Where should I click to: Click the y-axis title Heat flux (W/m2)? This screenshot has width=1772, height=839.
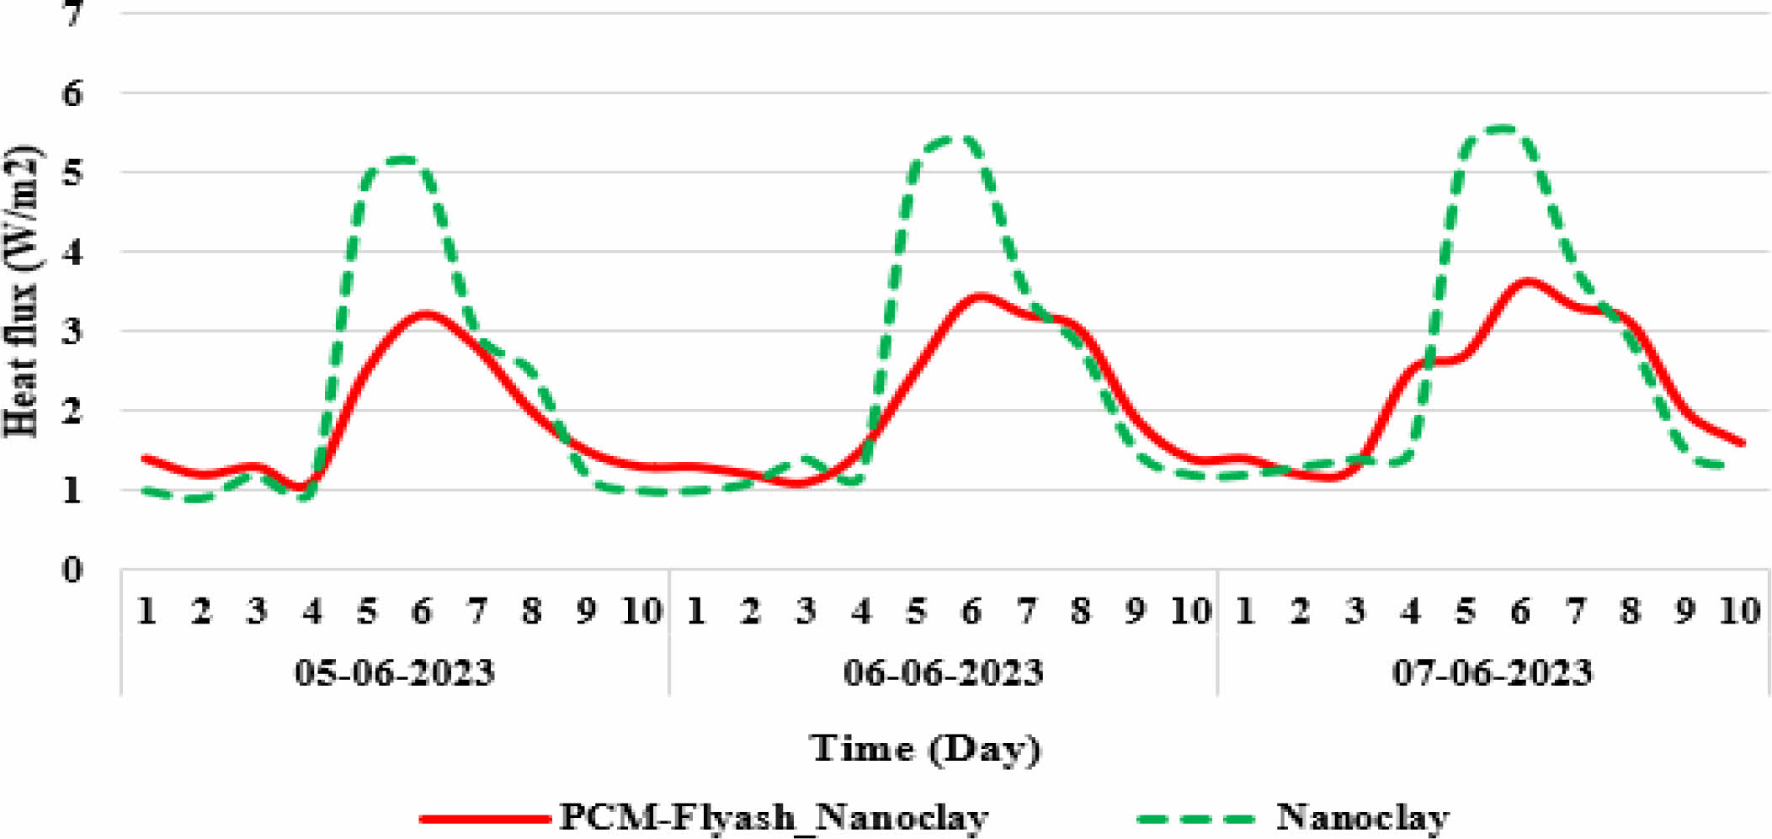24,291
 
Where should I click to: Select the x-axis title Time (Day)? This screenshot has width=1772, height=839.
925,748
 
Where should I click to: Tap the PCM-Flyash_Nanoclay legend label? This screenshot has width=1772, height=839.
774,817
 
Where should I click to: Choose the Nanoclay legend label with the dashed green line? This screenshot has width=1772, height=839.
1363,817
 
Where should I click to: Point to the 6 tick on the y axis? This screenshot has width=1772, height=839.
73,93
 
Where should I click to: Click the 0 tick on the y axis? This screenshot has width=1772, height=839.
73,570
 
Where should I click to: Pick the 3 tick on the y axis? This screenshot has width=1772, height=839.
73,332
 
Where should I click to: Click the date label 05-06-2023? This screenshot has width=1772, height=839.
394,673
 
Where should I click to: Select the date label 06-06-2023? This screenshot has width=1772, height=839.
943,673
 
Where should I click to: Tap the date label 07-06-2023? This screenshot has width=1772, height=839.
1492,673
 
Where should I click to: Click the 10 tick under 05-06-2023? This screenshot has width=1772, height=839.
641,611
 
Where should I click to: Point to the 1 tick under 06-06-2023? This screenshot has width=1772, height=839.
695,611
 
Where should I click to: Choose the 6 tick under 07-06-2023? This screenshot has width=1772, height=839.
1519,611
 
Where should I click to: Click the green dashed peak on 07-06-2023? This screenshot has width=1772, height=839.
1503,129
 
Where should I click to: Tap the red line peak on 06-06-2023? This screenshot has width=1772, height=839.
979,297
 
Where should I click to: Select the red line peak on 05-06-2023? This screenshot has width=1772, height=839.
426,315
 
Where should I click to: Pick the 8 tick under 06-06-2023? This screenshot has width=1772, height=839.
1080,611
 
